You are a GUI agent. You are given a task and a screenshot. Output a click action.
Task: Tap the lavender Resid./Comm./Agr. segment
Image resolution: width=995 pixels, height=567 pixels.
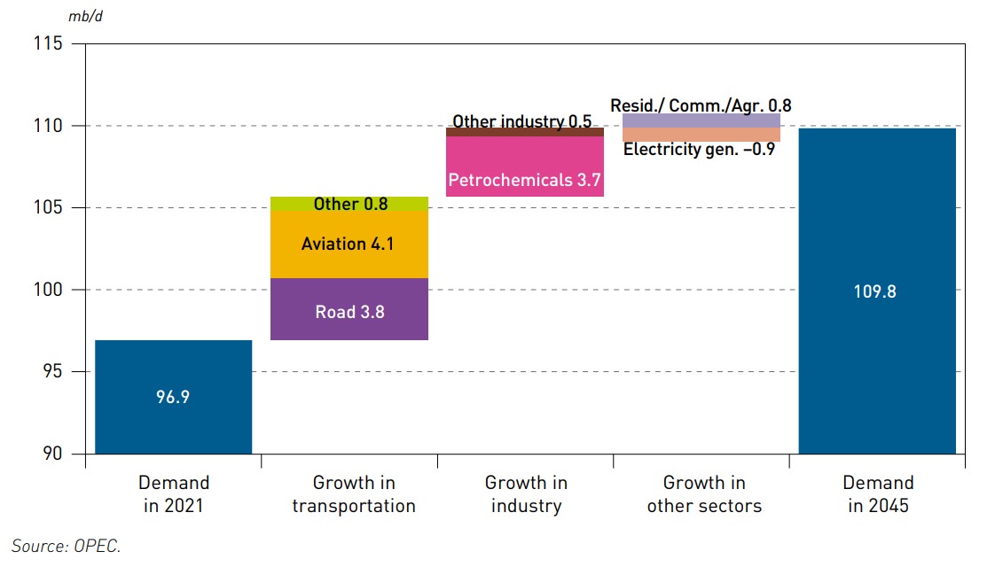tap(701, 120)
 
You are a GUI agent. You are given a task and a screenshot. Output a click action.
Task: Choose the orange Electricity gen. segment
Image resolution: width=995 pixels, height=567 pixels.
tap(701, 134)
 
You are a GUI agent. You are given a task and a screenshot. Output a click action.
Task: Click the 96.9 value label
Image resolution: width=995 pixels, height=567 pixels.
tap(173, 397)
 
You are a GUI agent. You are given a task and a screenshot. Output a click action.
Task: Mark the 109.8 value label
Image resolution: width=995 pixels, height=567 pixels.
tap(876, 291)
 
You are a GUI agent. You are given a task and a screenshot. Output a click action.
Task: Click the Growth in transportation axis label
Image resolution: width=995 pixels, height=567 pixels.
tap(354, 494)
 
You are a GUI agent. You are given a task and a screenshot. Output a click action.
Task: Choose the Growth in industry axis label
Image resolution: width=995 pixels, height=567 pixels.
tap(525, 494)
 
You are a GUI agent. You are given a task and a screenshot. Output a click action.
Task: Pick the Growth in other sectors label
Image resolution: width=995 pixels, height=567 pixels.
tap(704, 494)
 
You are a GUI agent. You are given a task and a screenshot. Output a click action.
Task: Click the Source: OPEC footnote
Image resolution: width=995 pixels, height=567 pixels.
tap(66, 546)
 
